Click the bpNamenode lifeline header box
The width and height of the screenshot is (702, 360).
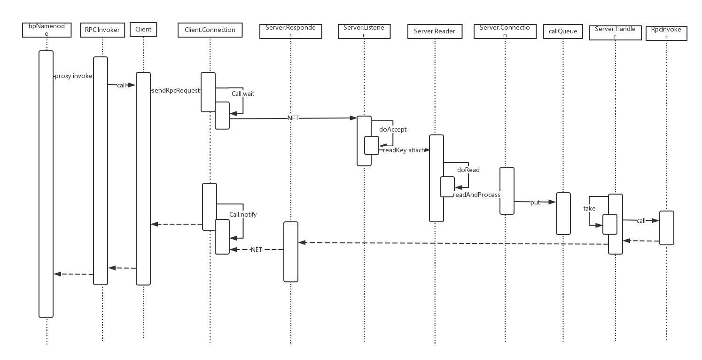click(x=47, y=30)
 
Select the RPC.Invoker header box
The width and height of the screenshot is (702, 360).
click(x=102, y=30)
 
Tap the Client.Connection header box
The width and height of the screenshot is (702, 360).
click(x=210, y=30)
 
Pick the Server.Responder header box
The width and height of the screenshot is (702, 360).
click(x=290, y=31)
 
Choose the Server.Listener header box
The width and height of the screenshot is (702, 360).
click(x=364, y=31)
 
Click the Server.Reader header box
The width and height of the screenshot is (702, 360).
click(x=435, y=31)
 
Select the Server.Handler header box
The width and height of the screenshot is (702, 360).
click(x=615, y=32)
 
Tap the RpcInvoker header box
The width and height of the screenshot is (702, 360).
click(x=666, y=33)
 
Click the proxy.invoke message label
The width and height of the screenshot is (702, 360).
click(x=73, y=76)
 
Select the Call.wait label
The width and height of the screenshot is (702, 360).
click(x=242, y=94)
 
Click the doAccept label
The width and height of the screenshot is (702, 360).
click(x=392, y=129)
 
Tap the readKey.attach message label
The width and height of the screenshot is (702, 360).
click(x=404, y=150)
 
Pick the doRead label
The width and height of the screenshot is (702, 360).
click(x=468, y=170)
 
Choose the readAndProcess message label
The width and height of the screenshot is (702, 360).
click(x=476, y=195)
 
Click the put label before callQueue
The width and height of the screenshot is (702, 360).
click(x=535, y=202)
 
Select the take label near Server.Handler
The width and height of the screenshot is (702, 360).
click(x=589, y=208)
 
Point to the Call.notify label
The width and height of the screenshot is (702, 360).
click(x=243, y=214)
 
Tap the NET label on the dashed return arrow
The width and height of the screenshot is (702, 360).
click(x=256, y=250)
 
